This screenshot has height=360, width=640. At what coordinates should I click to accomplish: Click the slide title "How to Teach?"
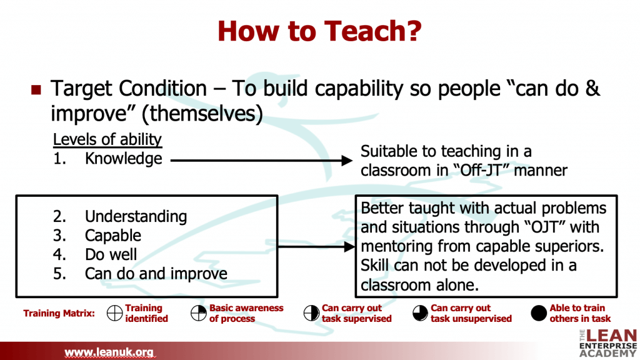319,31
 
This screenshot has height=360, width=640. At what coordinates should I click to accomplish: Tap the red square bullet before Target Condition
36,90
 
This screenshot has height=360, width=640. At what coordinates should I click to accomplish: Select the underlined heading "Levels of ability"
107,139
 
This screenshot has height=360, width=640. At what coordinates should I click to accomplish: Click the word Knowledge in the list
123,159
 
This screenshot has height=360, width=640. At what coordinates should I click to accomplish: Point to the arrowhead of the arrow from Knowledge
347,161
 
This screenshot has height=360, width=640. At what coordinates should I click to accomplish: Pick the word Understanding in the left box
136,216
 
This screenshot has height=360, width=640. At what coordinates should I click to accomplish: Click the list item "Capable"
113,236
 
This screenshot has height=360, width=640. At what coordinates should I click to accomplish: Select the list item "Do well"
111,254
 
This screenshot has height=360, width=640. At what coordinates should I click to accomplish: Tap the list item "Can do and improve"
156,274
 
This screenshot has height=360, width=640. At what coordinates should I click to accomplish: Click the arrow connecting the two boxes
316,246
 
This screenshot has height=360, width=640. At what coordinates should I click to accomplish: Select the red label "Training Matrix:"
59,314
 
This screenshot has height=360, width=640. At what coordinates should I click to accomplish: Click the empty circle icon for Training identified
115,313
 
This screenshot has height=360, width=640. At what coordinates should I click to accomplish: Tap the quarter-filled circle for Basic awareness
199,313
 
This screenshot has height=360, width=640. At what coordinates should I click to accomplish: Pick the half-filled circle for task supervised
311,313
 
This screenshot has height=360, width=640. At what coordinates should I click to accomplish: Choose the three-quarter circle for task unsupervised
420,313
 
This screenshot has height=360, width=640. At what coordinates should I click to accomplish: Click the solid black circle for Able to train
539,313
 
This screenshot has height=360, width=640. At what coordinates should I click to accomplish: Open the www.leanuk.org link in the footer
109,352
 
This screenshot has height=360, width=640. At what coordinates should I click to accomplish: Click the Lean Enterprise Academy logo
607,343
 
